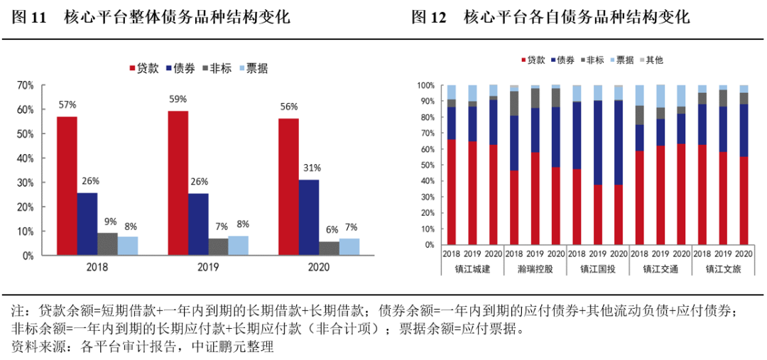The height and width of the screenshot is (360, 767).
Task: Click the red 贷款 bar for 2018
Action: pos(67,185)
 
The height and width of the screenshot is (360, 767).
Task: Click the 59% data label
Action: pos(178,99)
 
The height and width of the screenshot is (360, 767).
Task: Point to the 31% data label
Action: pos(310,168)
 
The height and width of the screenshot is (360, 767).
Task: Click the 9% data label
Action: pos(108,221)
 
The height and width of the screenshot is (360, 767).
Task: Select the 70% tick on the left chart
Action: pos(25,85)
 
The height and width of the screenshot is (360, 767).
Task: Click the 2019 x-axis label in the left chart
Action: pos(200,267)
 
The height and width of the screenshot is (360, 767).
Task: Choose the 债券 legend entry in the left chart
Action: pos(180,68)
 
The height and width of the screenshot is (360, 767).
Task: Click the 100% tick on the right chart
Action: pos(425,85)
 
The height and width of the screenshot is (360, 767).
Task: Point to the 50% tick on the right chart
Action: pos(428,165)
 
